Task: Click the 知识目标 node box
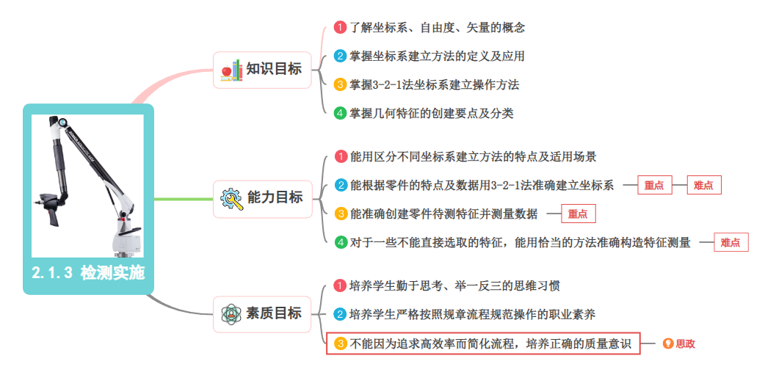pyautogui.click(x=263, y=70)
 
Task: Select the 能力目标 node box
pyautogui.click(x=263, y=197)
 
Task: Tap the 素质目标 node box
pyautogui.click(x=263, y=313)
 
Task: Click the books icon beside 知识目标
pyautogui.click(x=231, y=70)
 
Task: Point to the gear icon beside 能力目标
pyautogui.click(x=231, y=198)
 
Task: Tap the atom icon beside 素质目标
pyautogui.click(x=231, y=314)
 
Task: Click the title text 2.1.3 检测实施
pyautogui.click(x=88, y=273)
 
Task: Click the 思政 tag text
pyautogui.click(x=685, y=343)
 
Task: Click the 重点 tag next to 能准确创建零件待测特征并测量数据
pyautogui.click(x=578, y=214)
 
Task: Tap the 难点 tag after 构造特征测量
pyautogui.click(x=730, y=243)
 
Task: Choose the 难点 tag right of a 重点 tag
pyautogui.click(x=703, y=186)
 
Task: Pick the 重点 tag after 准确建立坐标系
pyautogui.click(x=654, y=186)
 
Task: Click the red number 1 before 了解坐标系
pyautogui.click(x=340, y=27)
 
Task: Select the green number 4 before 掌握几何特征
pyautogui.click(x=340, y=113)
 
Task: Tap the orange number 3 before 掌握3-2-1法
pyautogui.click(x=340, y=84)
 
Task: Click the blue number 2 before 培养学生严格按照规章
pyautogui.click(x=340, y=314)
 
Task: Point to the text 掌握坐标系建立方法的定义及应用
pyautogui.click(x=437, y=56)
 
